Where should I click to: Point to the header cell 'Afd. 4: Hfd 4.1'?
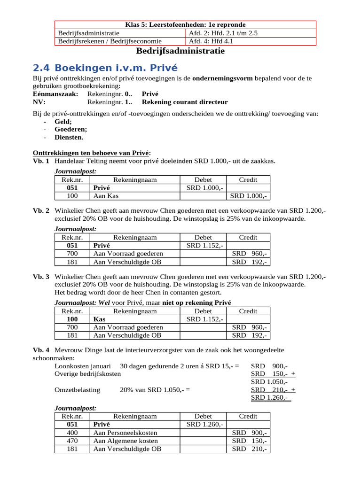[x=211, y=41]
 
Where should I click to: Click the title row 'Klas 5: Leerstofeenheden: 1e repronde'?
[x=185, y=24]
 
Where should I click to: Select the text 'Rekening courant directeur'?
[x=182, y=102]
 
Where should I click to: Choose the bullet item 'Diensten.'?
[x=69, y=137]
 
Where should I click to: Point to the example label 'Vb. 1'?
[x=41, y=162]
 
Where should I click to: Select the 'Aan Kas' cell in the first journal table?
[x=106, y=196]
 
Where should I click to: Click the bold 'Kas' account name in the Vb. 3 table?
[x=99, y=319]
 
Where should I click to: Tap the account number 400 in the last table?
[x=72, y=433]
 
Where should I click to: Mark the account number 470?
[x=72, y=441]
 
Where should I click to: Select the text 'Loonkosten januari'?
[x=83, y=365]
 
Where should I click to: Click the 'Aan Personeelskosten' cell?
[x=126, y=433]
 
